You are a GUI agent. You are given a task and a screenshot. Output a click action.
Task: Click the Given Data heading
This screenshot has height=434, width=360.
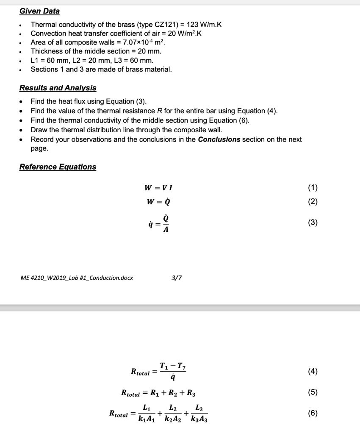click(x=39, y=11)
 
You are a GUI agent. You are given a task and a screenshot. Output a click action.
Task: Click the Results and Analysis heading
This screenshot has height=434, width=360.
click(x=58, y=88)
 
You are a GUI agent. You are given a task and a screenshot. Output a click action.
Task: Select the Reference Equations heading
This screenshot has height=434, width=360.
click(x=58, y=167)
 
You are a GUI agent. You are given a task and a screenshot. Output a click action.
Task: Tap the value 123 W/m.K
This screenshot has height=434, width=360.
click(x=204, y=25)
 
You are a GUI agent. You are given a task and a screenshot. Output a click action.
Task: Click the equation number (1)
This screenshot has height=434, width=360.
click(x=313, y=188)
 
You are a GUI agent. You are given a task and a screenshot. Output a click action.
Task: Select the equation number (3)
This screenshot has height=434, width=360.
click(x=313, y=223)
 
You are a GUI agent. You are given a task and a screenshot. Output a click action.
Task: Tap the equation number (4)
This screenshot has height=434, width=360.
click(x=313, y=372)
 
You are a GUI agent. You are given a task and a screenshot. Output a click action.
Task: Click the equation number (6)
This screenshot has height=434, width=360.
click(x=313, y=413)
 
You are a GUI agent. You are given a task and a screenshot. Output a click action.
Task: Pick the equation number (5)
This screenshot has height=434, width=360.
click(x=313, y=392)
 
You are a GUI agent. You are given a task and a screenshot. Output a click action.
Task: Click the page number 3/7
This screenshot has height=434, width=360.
click(x=175, y=278)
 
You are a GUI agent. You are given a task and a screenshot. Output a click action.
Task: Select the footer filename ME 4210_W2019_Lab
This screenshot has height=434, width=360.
click(x=76, y=278)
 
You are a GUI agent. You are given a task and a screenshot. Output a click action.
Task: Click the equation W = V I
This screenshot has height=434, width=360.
click(x=158, y=188)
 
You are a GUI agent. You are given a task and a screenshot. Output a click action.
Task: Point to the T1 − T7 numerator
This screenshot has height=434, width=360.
click(x=172, y=366)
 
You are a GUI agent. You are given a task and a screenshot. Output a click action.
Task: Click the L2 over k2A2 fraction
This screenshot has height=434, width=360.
click(x=173, y=414)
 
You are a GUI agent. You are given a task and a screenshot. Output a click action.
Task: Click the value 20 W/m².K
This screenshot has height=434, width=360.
click(x=178, y=33)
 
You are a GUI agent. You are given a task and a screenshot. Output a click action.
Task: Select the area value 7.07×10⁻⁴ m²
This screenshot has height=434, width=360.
click(x=142, y=42)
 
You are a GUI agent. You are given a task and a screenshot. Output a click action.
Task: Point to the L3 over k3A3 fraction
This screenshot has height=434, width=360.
click(x=199, y=414)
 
